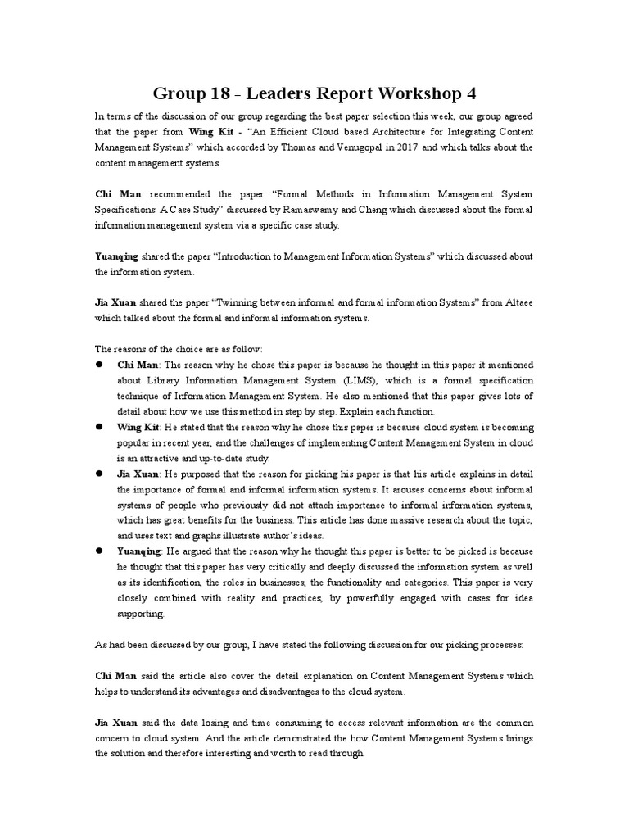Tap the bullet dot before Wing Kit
[x=99, y=428]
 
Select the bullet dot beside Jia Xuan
[x=99, y=474]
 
